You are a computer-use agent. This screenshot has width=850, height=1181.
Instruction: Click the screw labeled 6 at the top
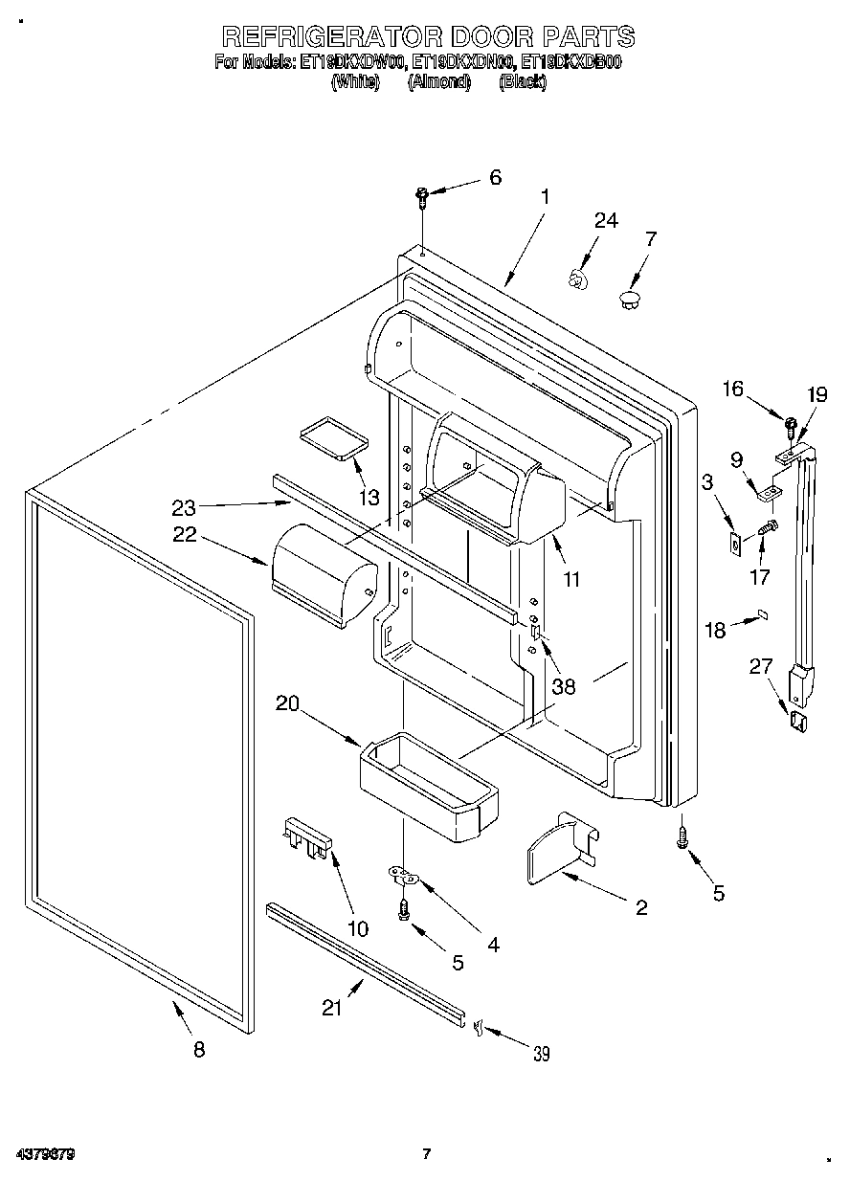(422, 197)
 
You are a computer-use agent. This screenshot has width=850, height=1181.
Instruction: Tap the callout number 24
(606, 220)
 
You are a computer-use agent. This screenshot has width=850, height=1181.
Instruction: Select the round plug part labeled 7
(629, 301)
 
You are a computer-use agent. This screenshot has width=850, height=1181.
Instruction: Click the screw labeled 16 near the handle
(791, 423)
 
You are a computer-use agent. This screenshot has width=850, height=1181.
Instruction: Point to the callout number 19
(816, 394)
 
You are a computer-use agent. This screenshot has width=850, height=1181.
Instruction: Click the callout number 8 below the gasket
(199, 1049)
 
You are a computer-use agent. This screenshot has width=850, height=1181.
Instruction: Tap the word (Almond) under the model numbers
(439, 82)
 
